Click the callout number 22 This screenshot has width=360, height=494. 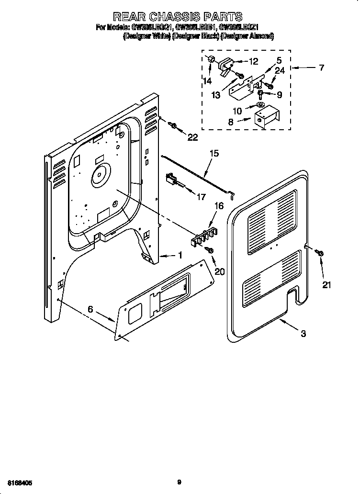(192, 137)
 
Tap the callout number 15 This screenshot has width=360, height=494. (214, 154)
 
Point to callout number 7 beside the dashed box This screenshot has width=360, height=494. (321, 68)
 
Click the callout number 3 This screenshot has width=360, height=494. (303, 335)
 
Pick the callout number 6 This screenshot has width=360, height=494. (90, 310)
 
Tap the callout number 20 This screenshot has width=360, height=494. (219, 271)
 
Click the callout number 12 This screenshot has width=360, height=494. (253, 61)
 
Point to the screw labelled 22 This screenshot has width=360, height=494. (173, 125)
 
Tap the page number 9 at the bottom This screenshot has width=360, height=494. (180, 483)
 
